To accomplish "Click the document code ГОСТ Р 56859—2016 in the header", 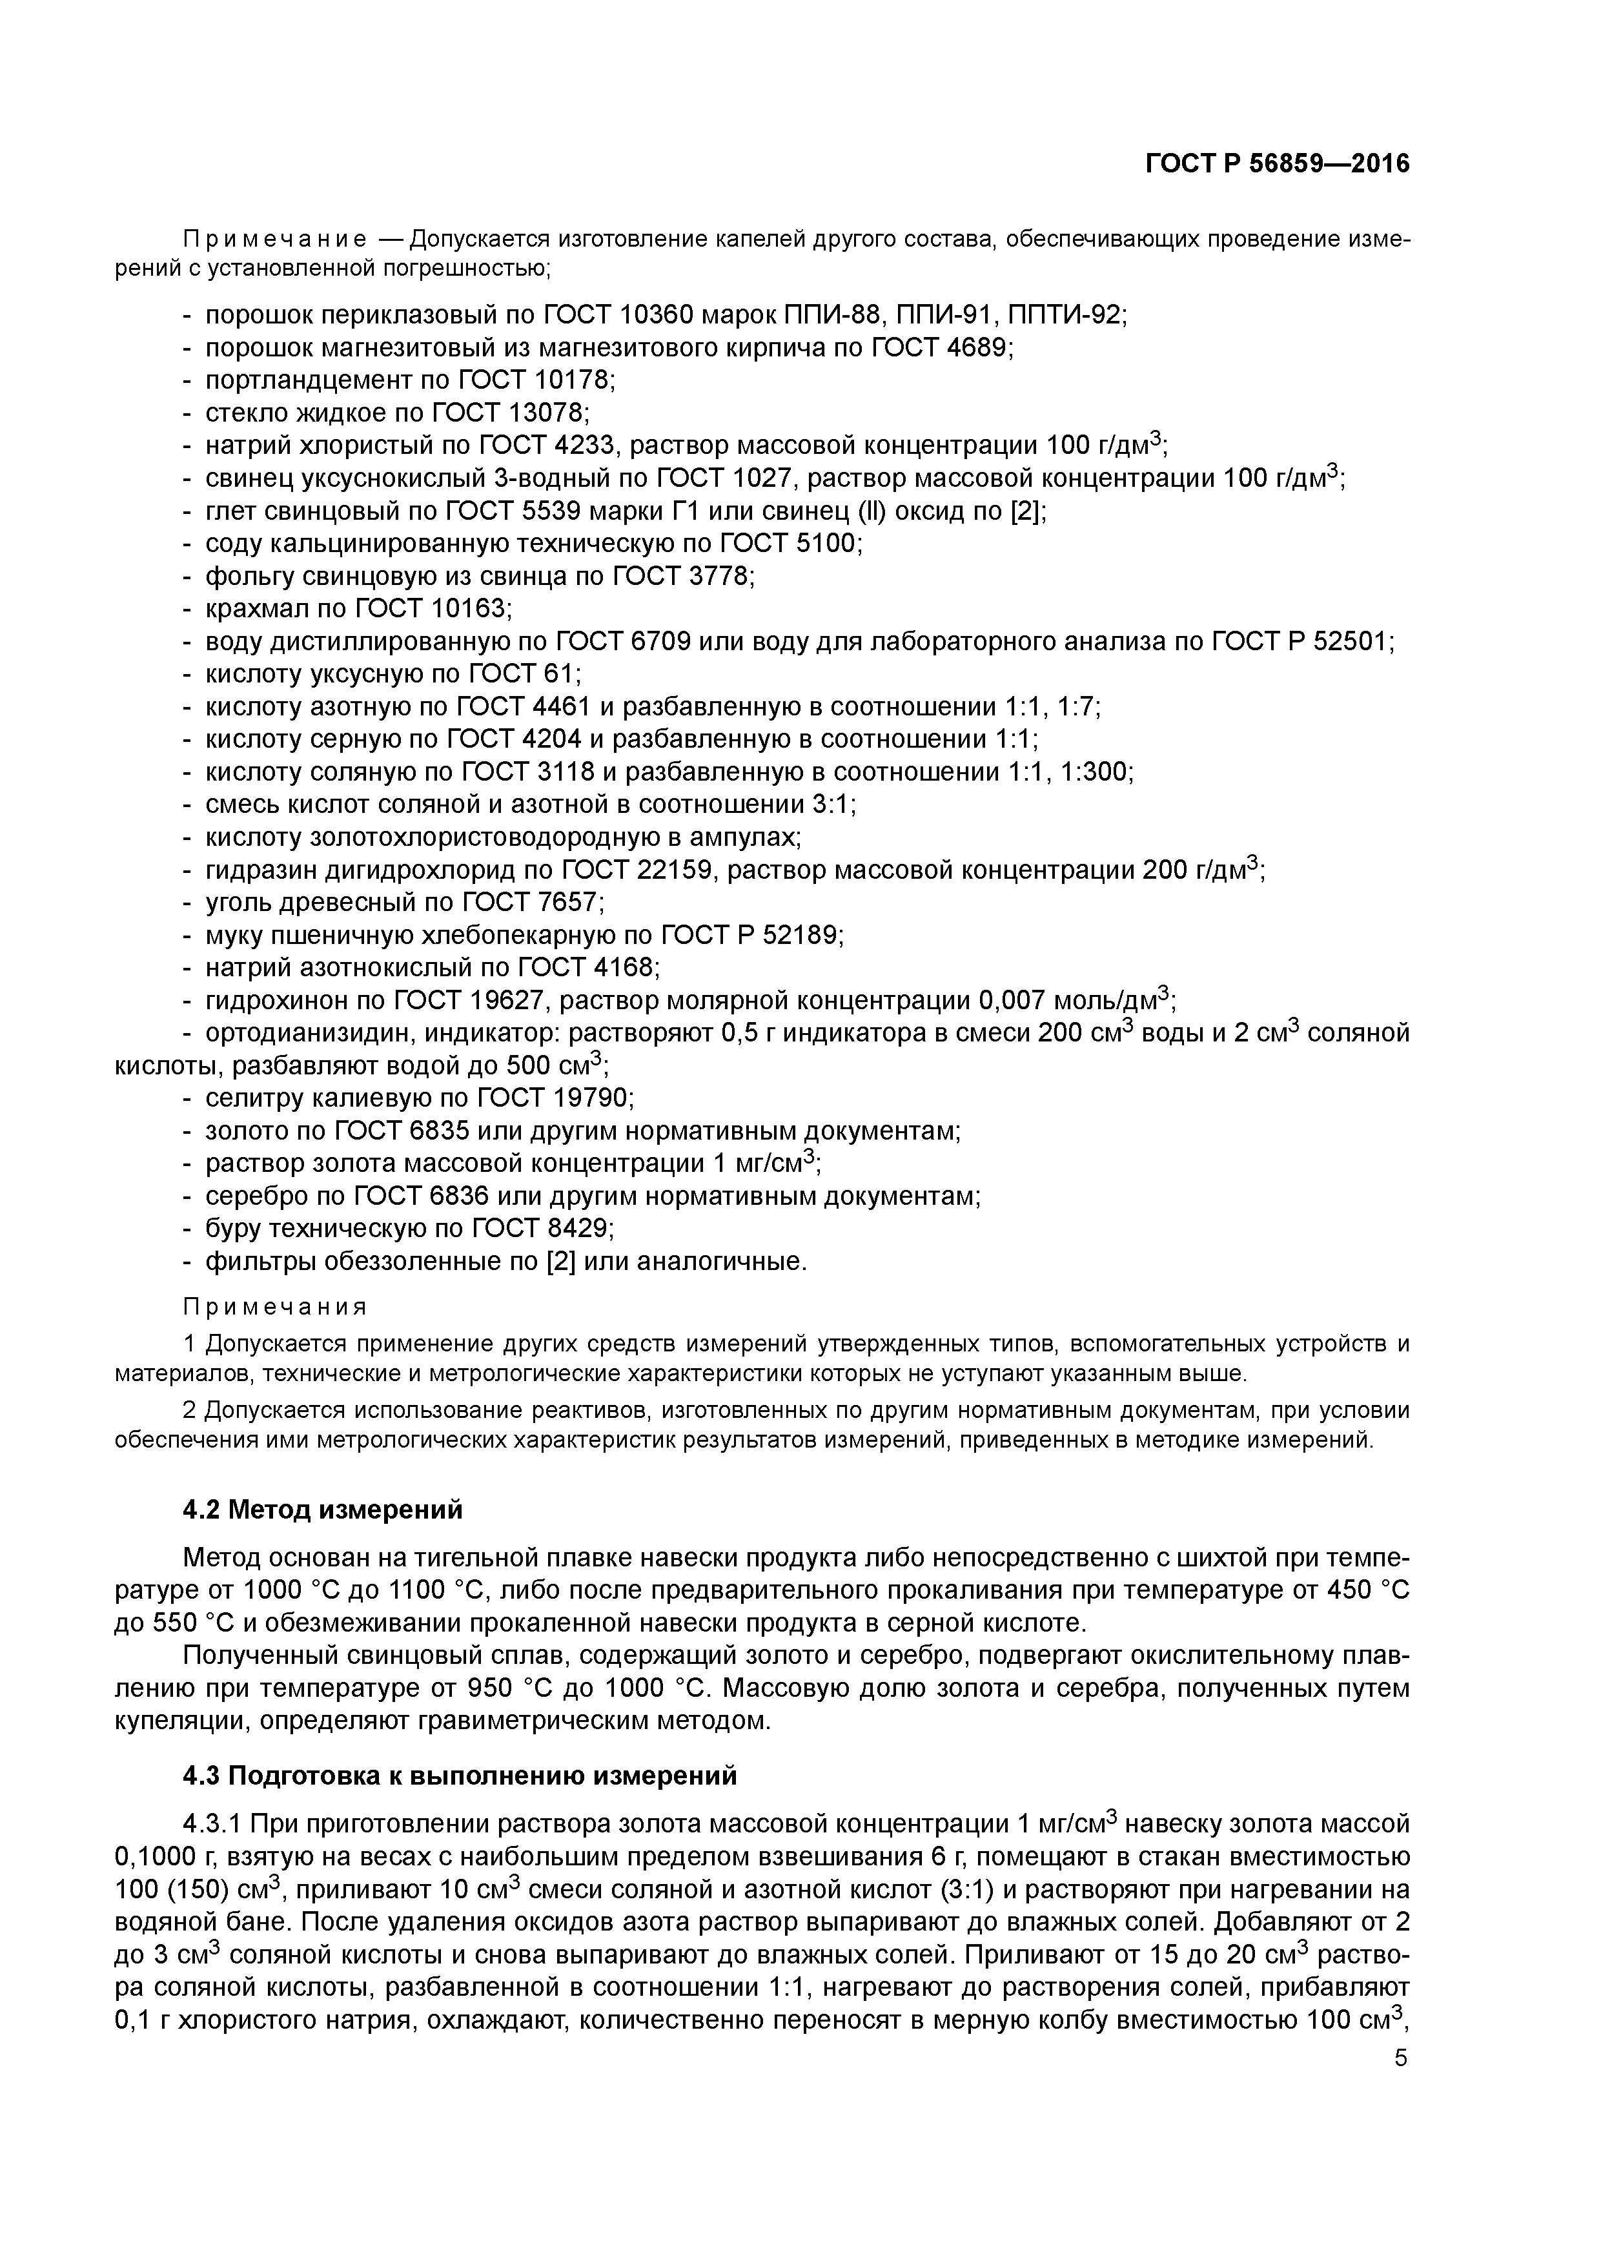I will (x=1278, y=164).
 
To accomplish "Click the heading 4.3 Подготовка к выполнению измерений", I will (x=460, y=1776).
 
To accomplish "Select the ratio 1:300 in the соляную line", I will (x=1096, y=772).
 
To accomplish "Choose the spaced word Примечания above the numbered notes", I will (x=275, y=1307).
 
